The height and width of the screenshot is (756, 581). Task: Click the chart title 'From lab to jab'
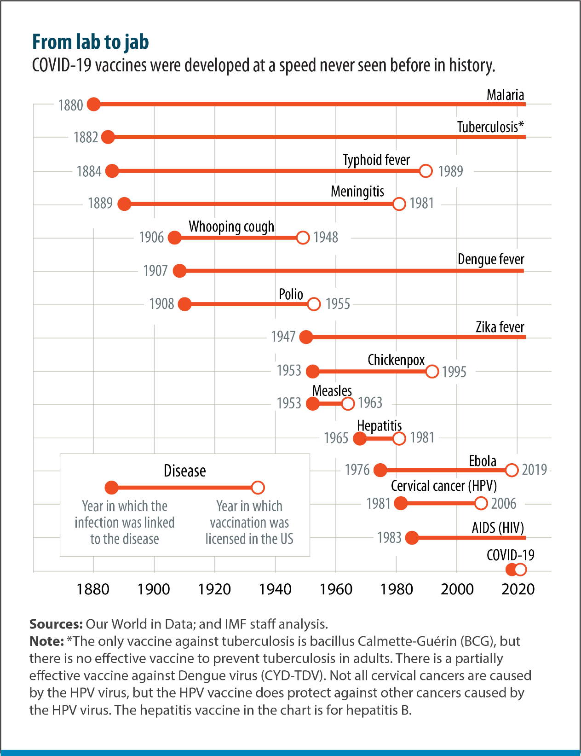tap(90, 42)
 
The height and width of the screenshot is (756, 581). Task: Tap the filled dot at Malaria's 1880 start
tap(93, 104)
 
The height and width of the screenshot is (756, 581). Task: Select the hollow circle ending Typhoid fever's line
tap(426, 171)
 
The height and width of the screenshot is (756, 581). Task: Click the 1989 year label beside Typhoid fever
tap(451, 171)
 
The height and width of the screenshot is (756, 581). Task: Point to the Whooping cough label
tap(231, 227)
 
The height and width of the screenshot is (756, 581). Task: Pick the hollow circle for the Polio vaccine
tap(314, 304)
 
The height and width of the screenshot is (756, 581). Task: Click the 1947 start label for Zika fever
tap(283, 337)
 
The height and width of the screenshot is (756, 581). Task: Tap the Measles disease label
tap(332, 391)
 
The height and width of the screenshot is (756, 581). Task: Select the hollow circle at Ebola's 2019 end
tap(512, 470)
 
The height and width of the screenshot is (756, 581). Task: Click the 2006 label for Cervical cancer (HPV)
tap(504, 503)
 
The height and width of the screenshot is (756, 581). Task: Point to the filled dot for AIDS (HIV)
tap(412, 538)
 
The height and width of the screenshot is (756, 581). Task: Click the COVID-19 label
tap(511, 555)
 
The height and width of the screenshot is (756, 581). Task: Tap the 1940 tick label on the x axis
tap(275, 589)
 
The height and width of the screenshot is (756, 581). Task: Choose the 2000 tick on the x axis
tap(457, 589)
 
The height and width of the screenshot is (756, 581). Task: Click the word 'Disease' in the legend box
tap(185, 471)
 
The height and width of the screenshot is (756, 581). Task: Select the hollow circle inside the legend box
tap(258, 488)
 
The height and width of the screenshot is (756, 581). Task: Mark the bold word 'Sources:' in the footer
tap(56, 624)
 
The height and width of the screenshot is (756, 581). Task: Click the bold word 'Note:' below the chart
tap(46, 641)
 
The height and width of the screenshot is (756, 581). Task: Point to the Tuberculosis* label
tap(490, 127)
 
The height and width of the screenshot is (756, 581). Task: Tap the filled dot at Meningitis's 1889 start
tap(124, 204)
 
